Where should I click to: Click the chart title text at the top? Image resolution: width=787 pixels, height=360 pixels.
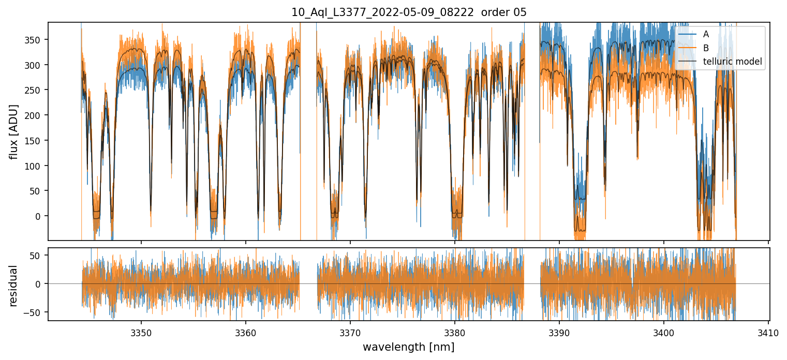(x=409, y=12)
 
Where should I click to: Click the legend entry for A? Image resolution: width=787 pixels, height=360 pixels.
(x=706, y=34)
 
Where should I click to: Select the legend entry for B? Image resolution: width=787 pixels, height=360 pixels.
(x=706, y=48)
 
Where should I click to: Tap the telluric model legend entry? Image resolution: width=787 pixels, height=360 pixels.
(x=732, y=62)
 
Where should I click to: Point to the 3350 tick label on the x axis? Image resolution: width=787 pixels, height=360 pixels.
(x=141, y=331)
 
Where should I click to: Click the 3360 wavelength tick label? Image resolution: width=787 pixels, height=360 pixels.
(x=246, y=331)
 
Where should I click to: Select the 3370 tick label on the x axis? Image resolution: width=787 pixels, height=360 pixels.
(x=350, y=331)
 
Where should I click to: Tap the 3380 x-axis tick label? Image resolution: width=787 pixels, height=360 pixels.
(x=455, y=331)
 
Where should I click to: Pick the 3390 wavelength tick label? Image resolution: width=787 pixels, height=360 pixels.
(x=559, y=331)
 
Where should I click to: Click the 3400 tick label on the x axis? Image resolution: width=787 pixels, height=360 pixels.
(x=664, y=331)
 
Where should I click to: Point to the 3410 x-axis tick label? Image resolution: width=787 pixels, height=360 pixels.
(x=768, y=331)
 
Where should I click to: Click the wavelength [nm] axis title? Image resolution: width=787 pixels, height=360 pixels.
(x=409, y=347)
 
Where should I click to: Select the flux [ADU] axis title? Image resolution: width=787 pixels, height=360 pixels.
(x=14, y=131)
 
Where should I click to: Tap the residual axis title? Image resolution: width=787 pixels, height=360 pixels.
(x=14, y=286)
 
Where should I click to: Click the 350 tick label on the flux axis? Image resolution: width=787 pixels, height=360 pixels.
(x=37, y=40)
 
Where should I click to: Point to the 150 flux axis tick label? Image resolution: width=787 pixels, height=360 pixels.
(x=37, y=141)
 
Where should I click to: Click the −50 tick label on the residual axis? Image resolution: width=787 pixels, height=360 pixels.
(x=37, y=312)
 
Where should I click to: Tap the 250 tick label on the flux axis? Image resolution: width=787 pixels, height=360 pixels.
(x=37, y=90)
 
